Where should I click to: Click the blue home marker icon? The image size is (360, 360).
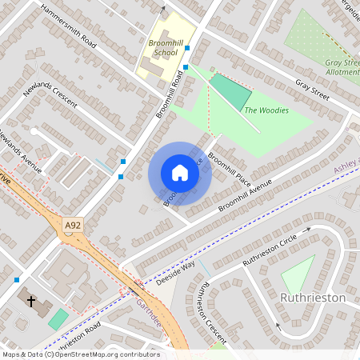[180, 173]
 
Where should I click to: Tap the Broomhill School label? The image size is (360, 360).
[162, 47]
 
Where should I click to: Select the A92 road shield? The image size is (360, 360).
[72, 227]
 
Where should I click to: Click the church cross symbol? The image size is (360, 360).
[31, 302]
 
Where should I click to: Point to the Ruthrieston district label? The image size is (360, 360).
[313, 298]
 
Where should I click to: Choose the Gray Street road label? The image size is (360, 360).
[312, 87]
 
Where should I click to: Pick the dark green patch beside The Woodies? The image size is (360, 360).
[230, 92]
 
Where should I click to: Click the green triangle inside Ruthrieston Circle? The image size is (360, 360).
[298, 274]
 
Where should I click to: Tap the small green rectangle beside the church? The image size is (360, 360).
[58, 318]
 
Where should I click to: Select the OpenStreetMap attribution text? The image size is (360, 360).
[80, 354]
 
